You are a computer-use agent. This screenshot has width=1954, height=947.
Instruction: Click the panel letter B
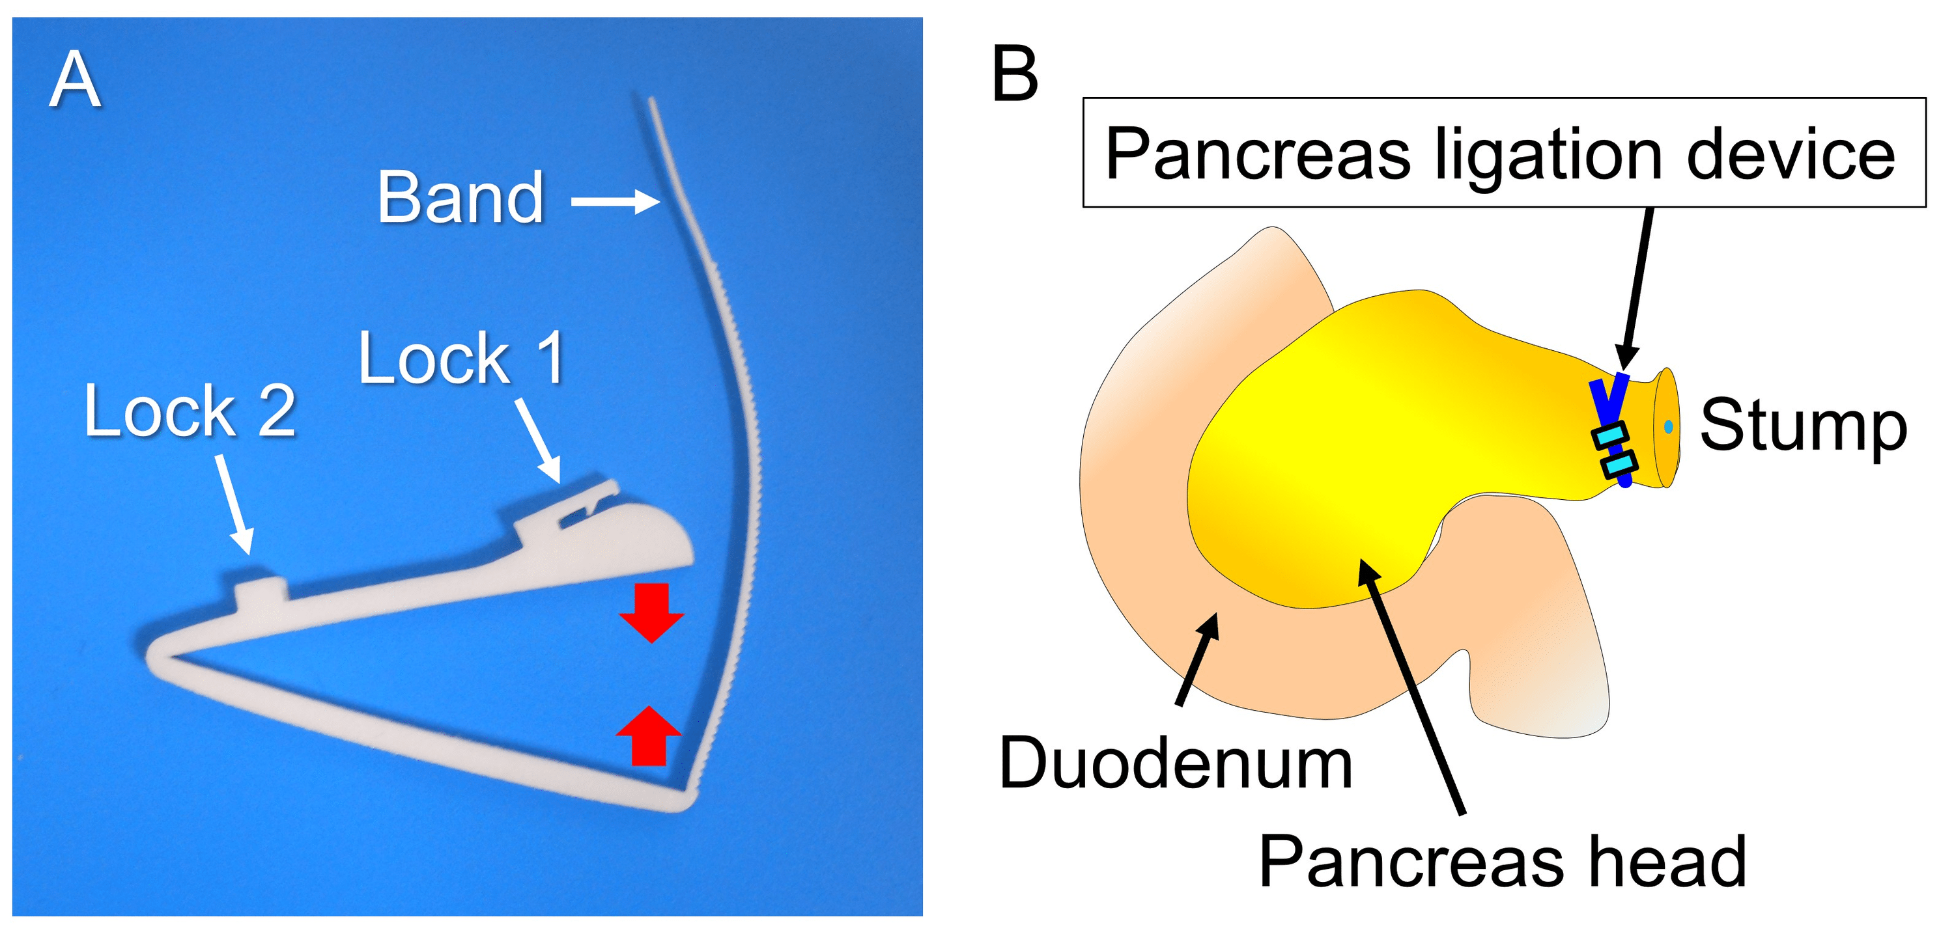pyautogui.click(x=1014, y=74)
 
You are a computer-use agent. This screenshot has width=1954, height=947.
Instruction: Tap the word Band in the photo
pyautogui.click(x=460, y=199)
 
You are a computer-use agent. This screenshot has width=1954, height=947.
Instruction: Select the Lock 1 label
pyautogui.click(x=461, y=359)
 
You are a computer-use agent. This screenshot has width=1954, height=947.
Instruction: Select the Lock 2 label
pyautogui.click(x=190, y=412)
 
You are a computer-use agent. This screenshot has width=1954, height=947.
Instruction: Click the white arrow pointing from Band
pyautogui.click(x=614, y=202)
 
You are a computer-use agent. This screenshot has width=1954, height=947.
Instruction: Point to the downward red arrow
pyautogui.click(x=651, y=611)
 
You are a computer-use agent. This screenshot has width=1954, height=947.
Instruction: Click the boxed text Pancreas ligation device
pyautogui.click(x=1502, y=154)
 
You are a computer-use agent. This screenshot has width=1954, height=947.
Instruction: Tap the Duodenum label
pyautogui.click(x=1176, y=763)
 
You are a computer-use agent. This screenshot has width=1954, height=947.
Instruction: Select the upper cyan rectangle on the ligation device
pyautogui.click(x=1609, y=436)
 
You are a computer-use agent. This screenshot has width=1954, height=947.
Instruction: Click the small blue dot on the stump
pyautogui.click(x=1668, y=427)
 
